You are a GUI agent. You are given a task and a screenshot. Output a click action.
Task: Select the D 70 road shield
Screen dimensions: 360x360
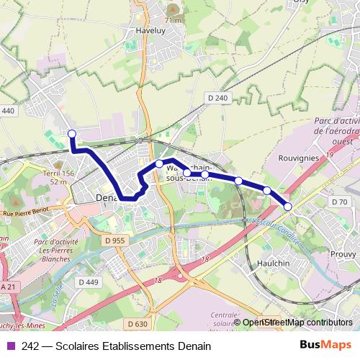coord(338,202)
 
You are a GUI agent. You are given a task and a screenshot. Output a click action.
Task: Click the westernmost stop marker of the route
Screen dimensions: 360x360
coord(71,133)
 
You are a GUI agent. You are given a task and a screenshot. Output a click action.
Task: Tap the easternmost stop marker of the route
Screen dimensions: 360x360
coord(288,207)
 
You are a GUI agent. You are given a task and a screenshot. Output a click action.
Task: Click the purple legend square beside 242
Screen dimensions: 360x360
coord(10,346)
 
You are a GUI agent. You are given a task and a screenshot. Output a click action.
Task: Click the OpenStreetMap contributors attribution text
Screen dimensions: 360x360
coord(297,323)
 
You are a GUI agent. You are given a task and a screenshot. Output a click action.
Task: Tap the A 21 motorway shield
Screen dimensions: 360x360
coord(7,287)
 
